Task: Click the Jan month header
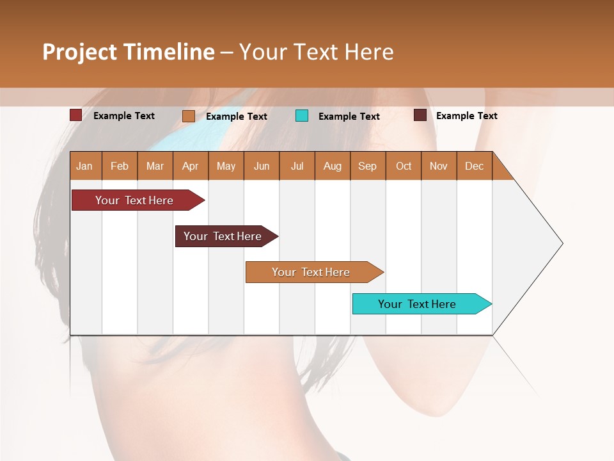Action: click(x=85, y=166)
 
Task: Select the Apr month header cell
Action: click(x=191, y=166)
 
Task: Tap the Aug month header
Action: click(x=332, y=166)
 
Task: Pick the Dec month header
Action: click(x=474, y=166)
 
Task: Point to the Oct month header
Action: click(x=404, y=166)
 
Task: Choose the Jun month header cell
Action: click(x=262, y=166)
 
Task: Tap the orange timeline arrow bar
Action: click(x=311, y=272)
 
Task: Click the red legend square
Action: click(x=75, y=115)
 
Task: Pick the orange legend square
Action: click(x=188, y=116)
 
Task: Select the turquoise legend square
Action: click(x=302, y=116)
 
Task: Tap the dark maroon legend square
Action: click(x=420, y=115)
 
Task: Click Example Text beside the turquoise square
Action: click(x=349, y=117)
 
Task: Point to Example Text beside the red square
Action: click(x=124, y=116)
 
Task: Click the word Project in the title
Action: click(x=79, y=53)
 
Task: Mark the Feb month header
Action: click(x=120, y=166)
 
